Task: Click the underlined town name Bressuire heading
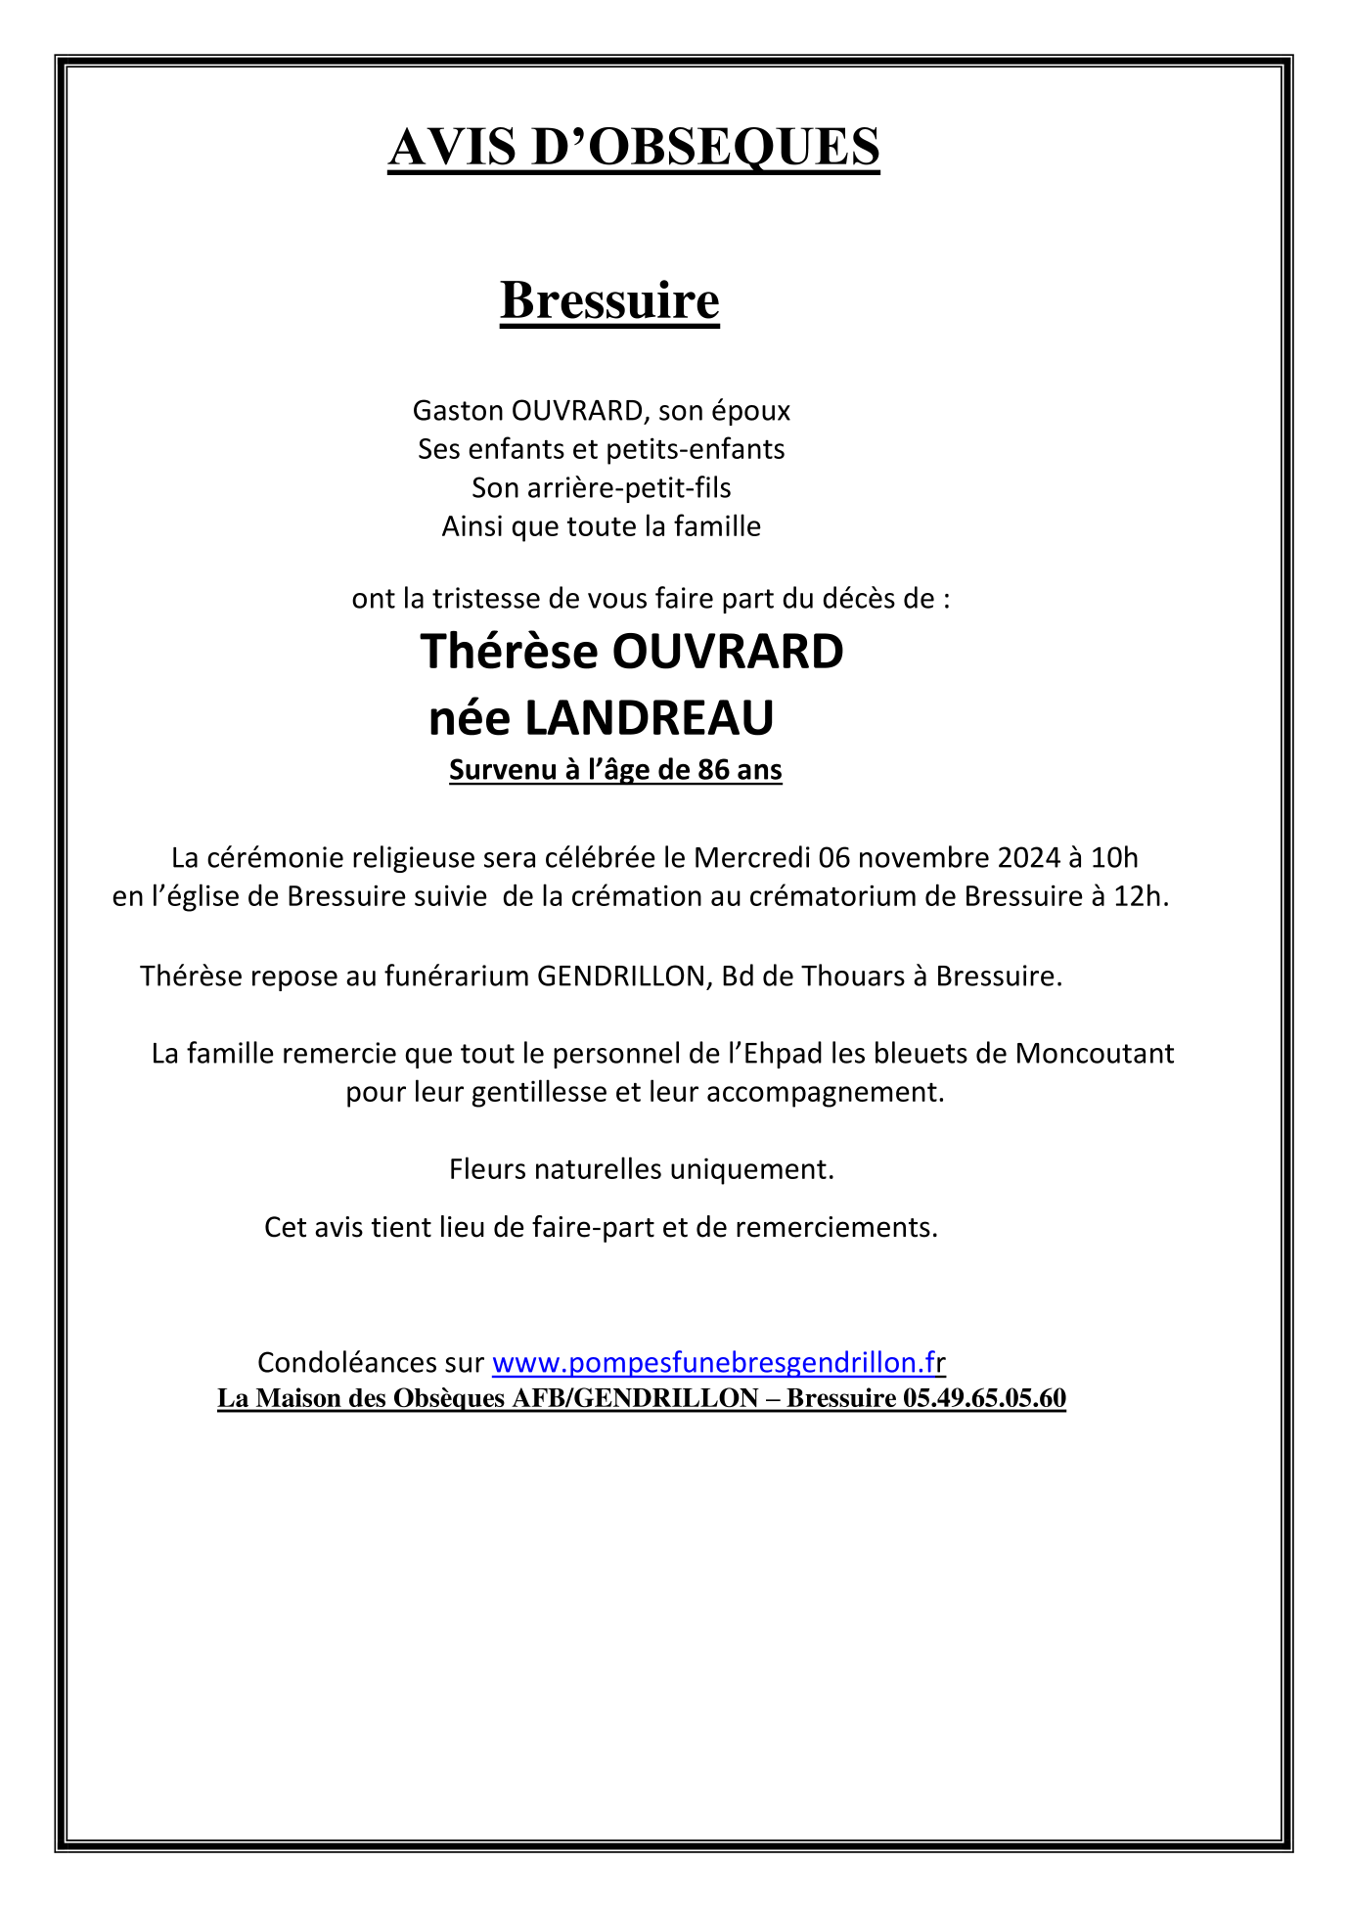click(x=609, y=300)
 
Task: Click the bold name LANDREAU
click(x=649, y=718)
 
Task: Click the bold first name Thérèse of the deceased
click(x=509, y=652)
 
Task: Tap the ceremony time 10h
click(x=1114, y=858)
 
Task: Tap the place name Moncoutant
click(x=1094, y=1054)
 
